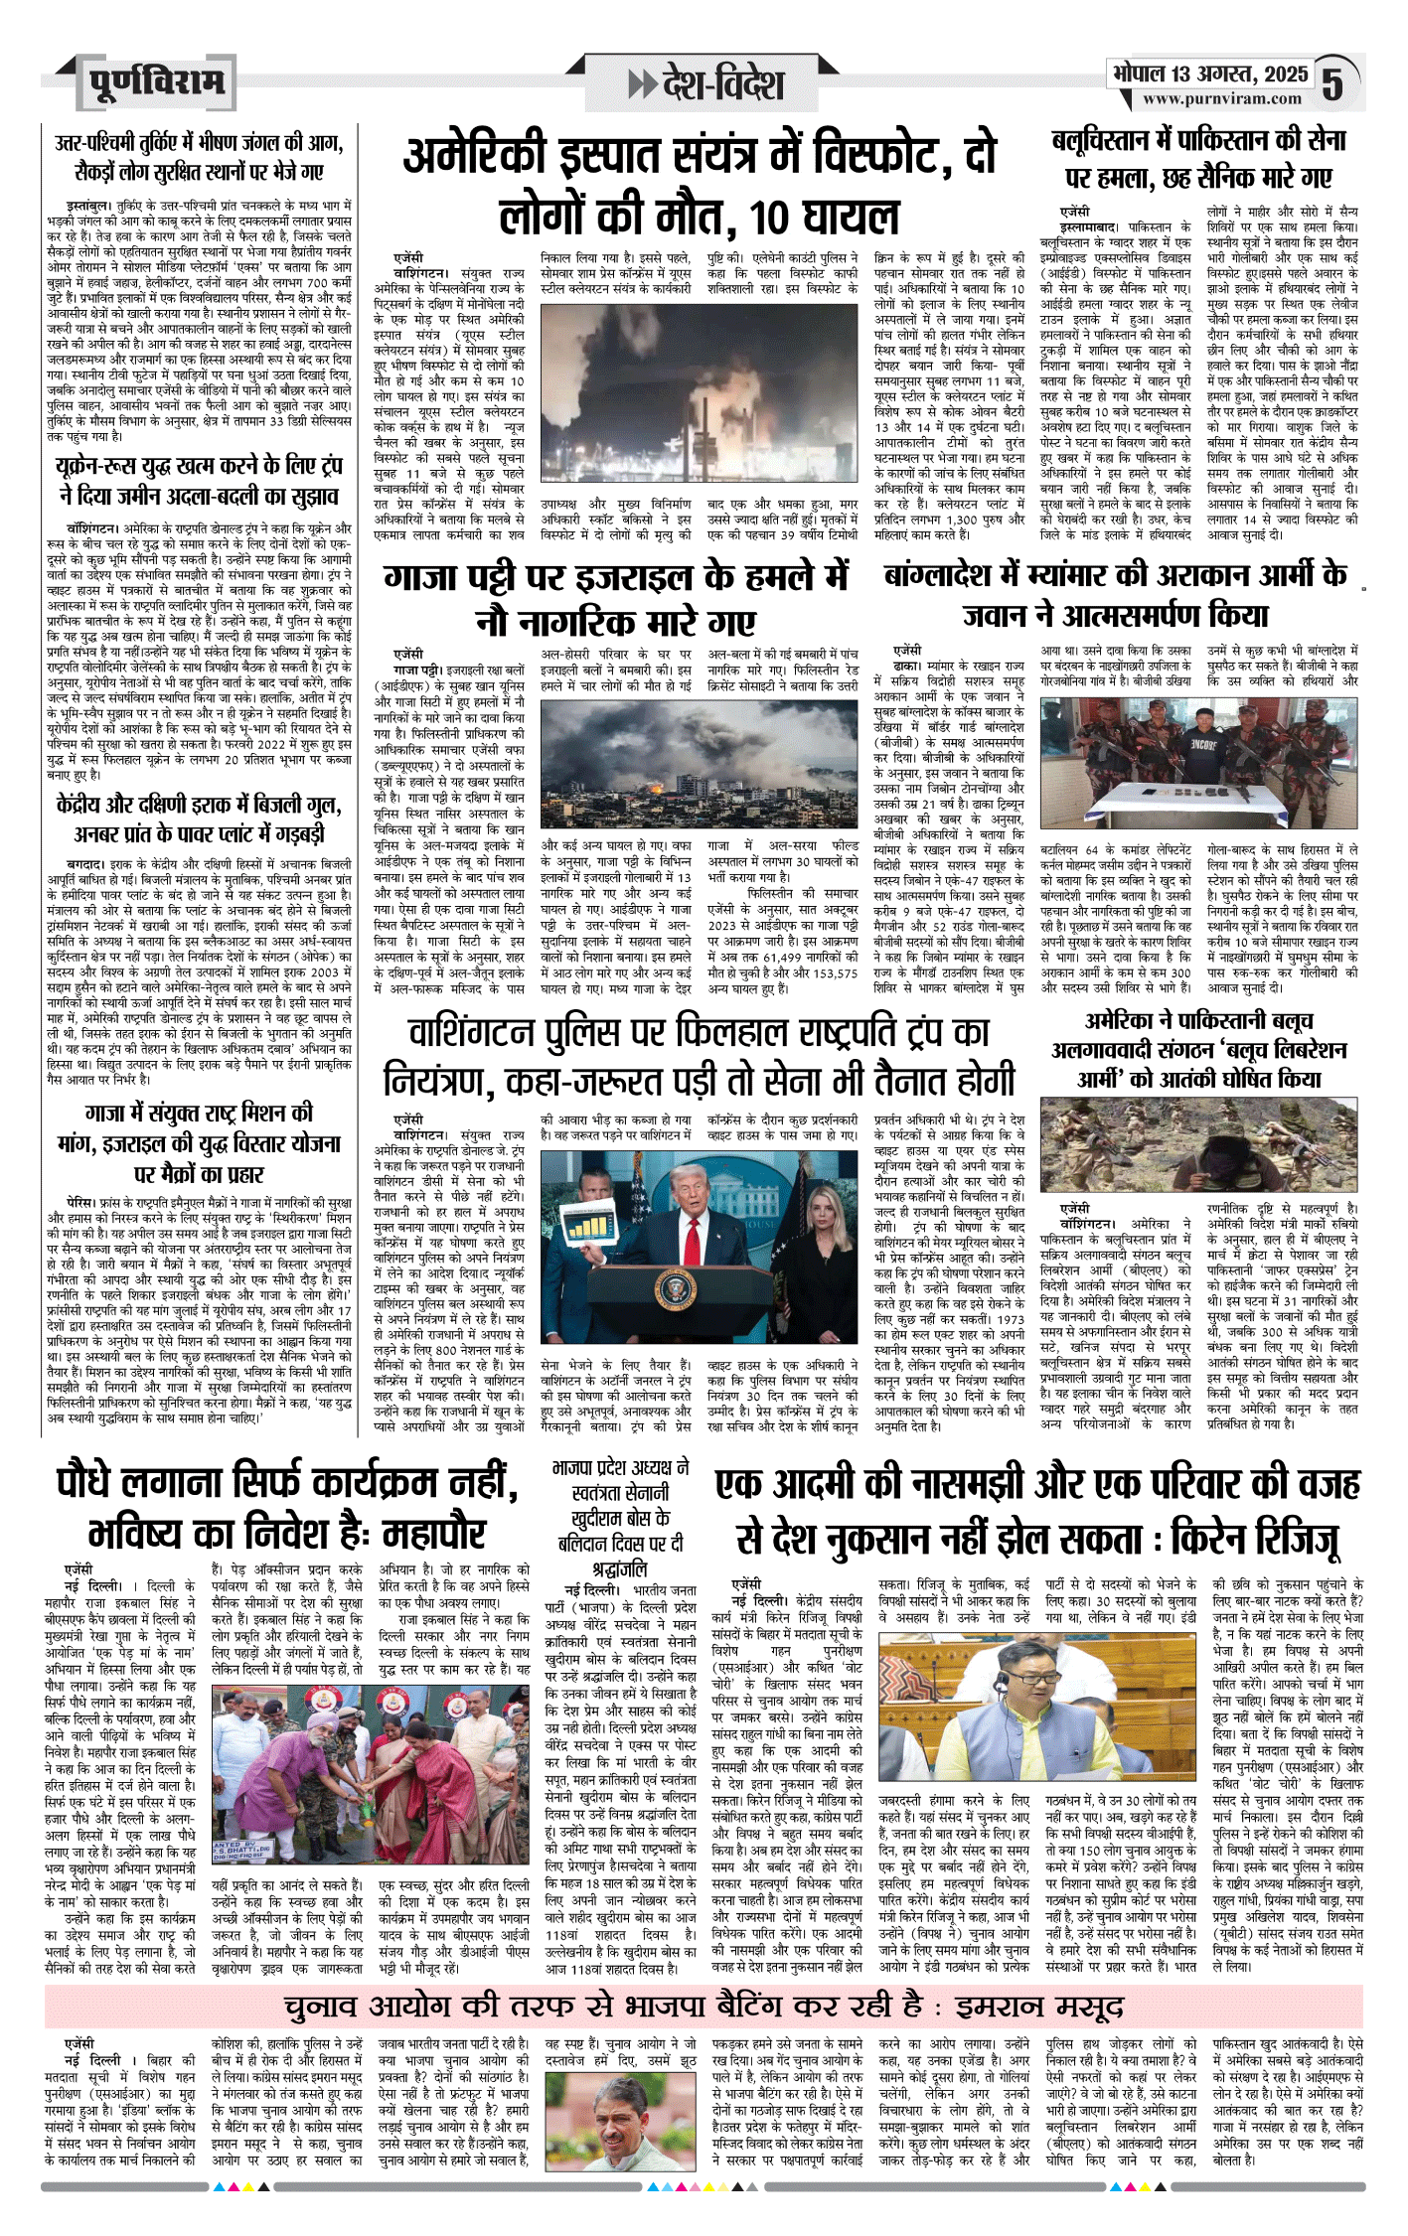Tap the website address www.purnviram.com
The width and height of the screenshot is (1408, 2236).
coord(1221,98)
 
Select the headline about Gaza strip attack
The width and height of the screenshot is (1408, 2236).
coord(616,599)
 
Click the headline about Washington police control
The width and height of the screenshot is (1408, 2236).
coord(700,1054)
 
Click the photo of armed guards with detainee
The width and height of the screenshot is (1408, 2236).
coord(1197,761)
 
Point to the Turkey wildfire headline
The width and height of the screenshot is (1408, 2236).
coord(199,157)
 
